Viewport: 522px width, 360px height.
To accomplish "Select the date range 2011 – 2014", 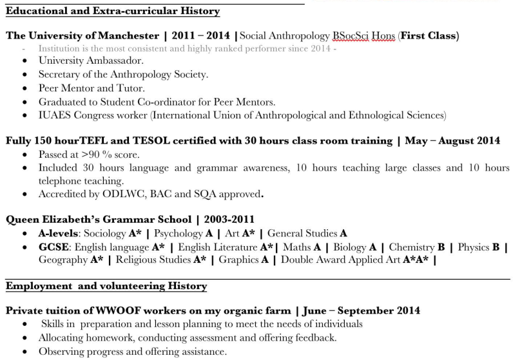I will tap(200, 36).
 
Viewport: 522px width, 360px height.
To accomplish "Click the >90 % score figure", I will tap(96, 155).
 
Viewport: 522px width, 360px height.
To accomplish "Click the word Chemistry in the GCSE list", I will tap(411, 247).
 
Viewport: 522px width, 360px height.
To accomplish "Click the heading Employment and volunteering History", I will tap(106, 286).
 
